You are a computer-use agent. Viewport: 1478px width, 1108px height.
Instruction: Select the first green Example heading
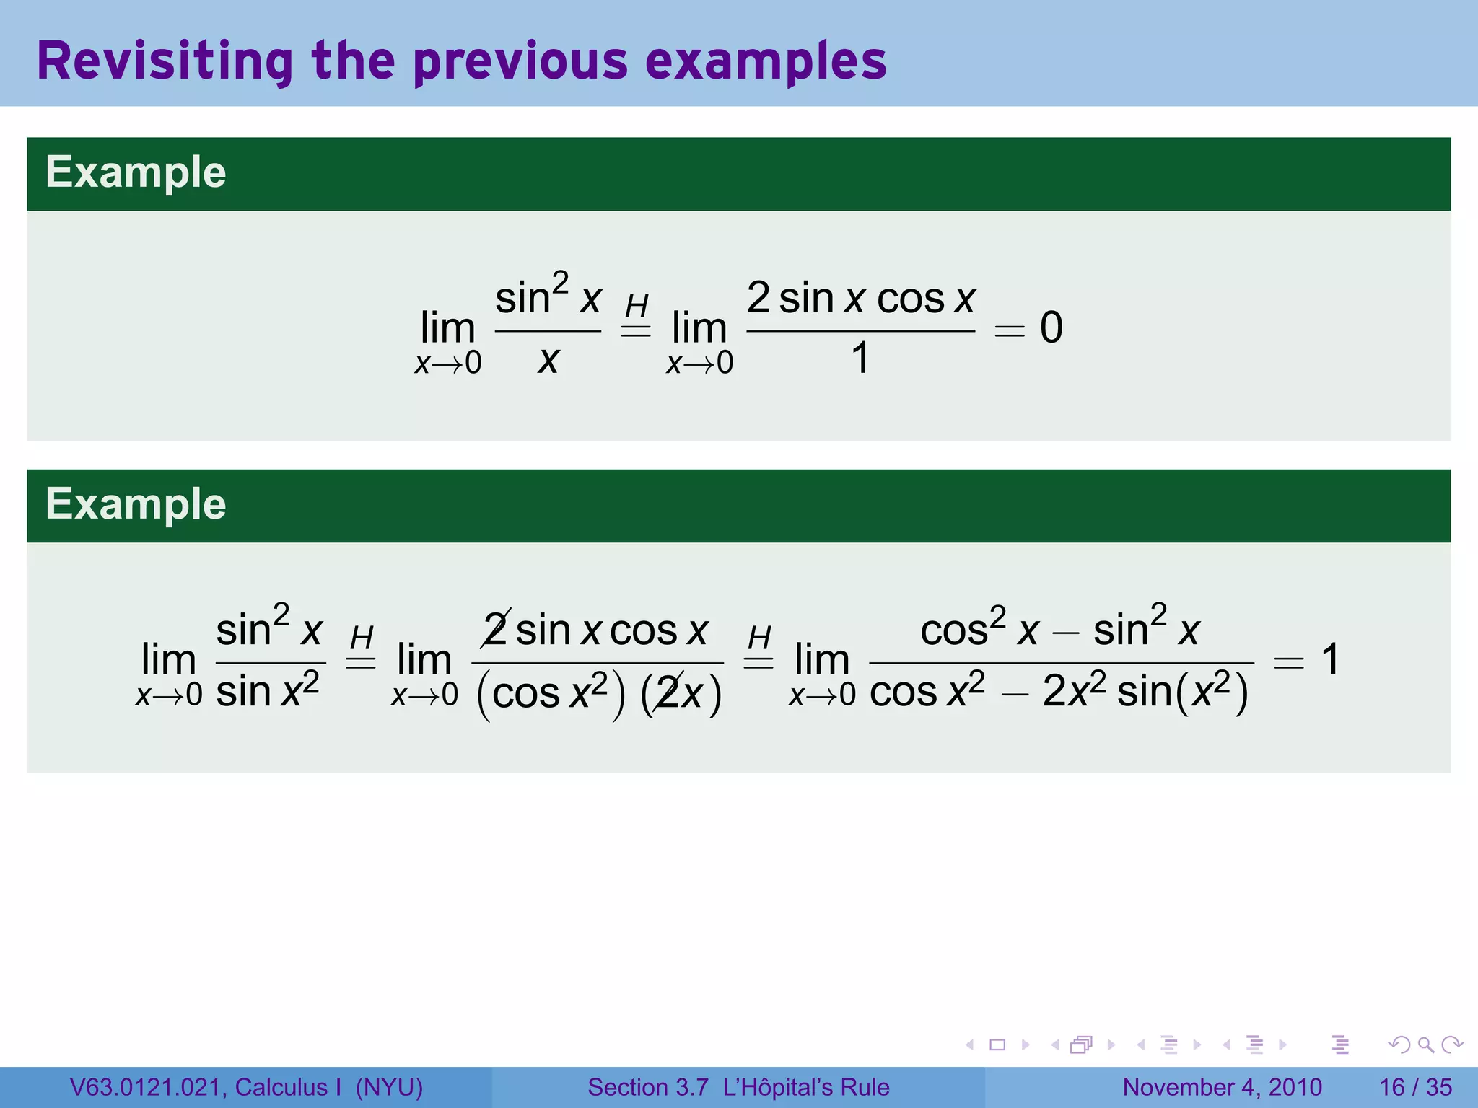pyautogui.click(x=136, y=172)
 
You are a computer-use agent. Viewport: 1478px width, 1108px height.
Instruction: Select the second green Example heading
pyautogui.click(x=136, y=504)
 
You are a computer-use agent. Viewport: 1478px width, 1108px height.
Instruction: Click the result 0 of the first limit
pyautogui.click(x=1051, y=327)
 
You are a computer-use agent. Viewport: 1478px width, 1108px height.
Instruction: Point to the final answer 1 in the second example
pyautogui.click(x=1330, y=659)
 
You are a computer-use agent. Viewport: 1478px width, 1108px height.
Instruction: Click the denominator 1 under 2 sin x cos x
pyautogui.click(x=860, y=358)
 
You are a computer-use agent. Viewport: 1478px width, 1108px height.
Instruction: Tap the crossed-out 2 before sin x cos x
pyautogui.click(x=497, y=630)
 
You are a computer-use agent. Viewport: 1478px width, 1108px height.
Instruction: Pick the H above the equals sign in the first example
pyautogui.click(x=637, y=305)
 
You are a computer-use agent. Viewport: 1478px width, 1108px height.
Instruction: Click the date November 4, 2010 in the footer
pyautogui.click(x=1222, y=1087)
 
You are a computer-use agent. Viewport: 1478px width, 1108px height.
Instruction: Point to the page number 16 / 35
pyautogui.click(x=1415, y=1087)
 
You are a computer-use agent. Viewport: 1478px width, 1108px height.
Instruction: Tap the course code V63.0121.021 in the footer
pyautogui.click(x=147, y=1087)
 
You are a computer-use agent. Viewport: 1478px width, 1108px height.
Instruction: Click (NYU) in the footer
pyautogui.click(x=389, y=1087)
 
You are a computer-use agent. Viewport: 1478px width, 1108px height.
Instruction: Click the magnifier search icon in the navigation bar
pyautogui.click(x=1425, y=1045)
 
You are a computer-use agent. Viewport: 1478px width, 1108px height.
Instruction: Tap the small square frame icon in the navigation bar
pyautogui.click(x=997, y=1045)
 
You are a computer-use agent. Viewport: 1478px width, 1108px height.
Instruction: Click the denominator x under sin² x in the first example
pyautogui.click(x=548, y=359)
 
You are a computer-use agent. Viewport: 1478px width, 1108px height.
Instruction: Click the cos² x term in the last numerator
pyautogui.click(x=979, y=629)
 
